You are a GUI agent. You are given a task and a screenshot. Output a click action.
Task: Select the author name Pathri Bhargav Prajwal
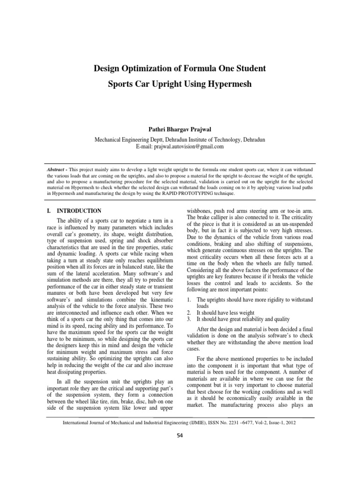[180, 129]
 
